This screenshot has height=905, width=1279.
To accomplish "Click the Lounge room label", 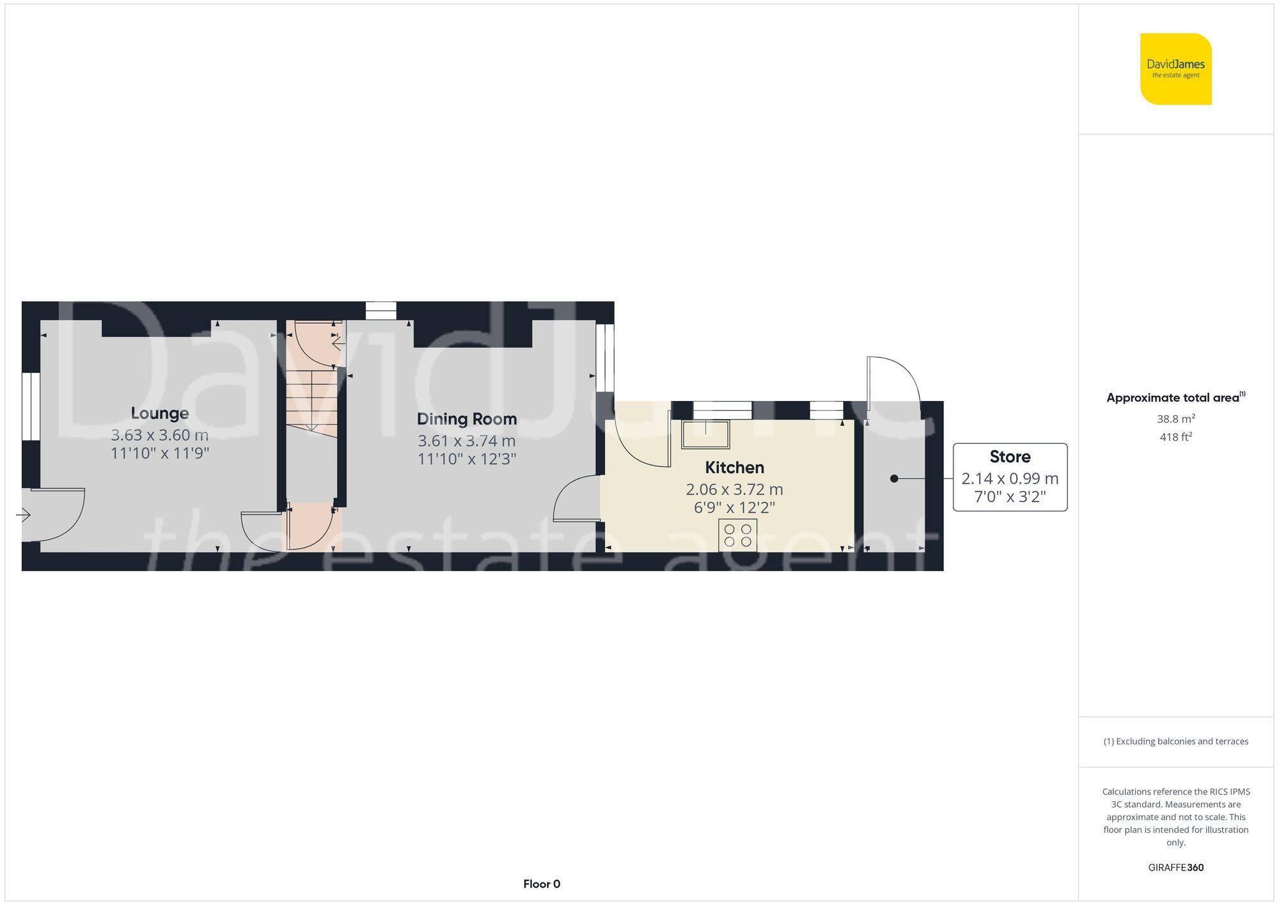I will click(160, 413).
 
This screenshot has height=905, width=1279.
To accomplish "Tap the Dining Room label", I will click(467, 419).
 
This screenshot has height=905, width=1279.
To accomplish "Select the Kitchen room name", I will click(734, 468).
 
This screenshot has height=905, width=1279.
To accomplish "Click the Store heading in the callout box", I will click(1010, 457).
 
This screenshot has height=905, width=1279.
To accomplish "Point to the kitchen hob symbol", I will click(737, 535).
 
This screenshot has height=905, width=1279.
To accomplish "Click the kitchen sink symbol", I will click(705, 434).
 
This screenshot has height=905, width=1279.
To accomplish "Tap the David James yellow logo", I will click(1175, 69).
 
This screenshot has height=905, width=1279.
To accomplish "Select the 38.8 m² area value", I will click(1175, 419).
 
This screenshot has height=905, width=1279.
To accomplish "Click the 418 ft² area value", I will click(1175, 437).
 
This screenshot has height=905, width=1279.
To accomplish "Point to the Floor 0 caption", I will click(542, 884).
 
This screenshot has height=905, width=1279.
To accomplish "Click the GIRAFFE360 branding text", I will click(1175, 868).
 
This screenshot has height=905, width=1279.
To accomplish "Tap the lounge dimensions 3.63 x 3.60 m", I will click(160, 435).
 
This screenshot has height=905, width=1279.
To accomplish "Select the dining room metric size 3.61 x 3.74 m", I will click(467, 441).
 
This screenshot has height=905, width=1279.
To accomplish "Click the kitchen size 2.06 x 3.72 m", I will click(734, 489).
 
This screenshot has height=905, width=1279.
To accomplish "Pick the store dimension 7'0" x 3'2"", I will click(1010, 497).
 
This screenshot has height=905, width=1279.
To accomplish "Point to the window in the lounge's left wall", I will click(31, 406).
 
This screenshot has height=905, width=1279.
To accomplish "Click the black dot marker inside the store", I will click(894, 478).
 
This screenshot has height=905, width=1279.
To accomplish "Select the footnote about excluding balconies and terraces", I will click(1175, 741).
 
